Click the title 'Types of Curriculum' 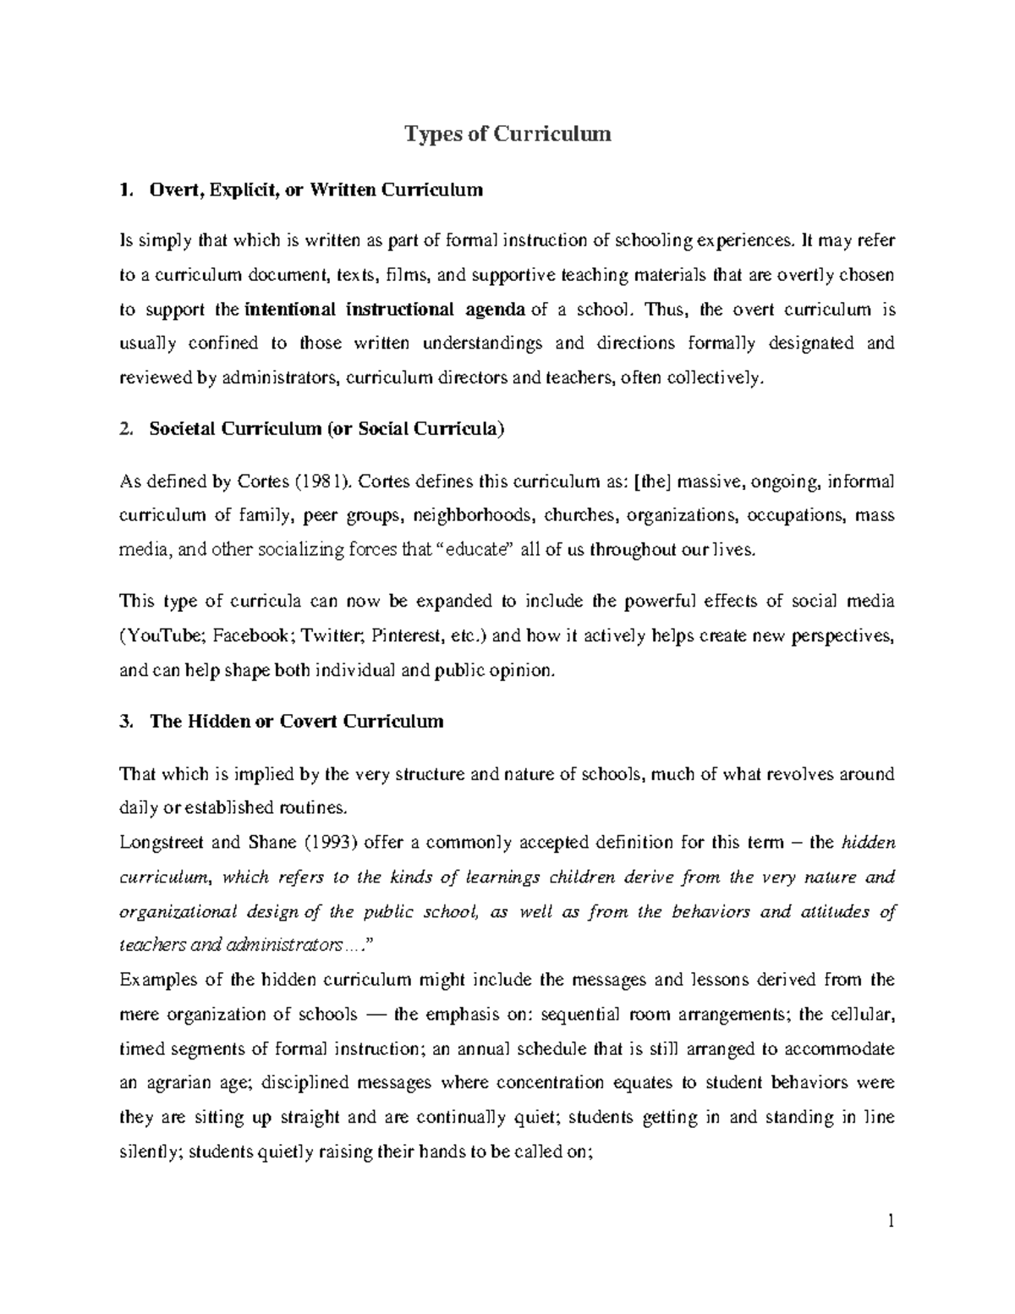point(507,134)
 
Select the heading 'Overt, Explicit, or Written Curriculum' point(315,190)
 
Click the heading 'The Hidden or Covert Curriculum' point(296,722)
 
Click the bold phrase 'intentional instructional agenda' point(385,310)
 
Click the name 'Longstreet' point(161,843)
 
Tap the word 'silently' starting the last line point(148,1152)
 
